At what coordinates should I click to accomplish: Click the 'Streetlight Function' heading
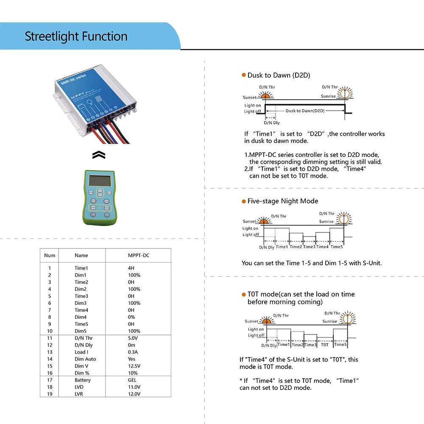[x=76, y=36]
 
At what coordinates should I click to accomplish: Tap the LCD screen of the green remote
[x=99, y=180]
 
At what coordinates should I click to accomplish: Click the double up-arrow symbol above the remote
[x=98, y=156]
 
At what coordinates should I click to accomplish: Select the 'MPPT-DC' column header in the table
[x=139, y=255]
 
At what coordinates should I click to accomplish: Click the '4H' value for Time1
[x=131, y=268]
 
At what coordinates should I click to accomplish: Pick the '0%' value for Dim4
[x=131, y=317]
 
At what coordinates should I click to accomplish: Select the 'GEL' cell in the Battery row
[x=132, y=380]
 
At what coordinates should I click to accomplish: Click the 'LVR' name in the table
[x=79, y=394]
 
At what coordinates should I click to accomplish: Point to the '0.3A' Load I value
[x=133, y=352]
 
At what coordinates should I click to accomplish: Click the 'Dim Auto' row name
[x=85, y=359]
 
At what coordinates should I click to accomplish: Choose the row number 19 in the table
[x=50, y=394]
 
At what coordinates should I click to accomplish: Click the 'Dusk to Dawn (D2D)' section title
[x=279, y=75]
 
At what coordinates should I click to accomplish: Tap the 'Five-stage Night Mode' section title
[x=282, y=201]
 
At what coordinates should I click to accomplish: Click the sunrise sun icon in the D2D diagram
[x=346, y=92]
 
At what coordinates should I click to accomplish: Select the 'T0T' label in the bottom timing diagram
[x=324, y=345]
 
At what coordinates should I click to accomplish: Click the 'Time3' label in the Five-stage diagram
[x=309, y=247]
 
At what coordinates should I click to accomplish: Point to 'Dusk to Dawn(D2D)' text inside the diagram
[x=305, y=111]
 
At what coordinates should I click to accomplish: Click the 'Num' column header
[x=50, y=255]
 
